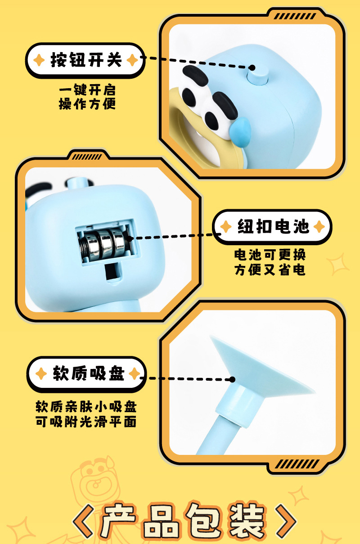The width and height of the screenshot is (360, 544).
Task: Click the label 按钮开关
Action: click(x=86, y=60)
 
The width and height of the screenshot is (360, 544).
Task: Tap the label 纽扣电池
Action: click(x=273, y=226)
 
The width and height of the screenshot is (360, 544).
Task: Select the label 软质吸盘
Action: click(x=89, y=373)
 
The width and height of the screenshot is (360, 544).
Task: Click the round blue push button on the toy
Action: click(x=257, y=76)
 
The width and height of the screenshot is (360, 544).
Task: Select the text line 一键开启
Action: click(x=87, y=90)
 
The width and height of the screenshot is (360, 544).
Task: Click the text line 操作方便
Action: click(x=87, y=104)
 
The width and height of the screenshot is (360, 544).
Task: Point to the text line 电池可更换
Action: click(x=270, y=255)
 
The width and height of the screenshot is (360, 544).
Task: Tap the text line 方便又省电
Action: click(x=270, y=270)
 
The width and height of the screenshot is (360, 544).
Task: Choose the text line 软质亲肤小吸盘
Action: click(x=86, y=407)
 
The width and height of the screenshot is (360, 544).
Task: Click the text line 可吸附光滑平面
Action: click(x=86, y=422)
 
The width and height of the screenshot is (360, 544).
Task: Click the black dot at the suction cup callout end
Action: click(x=232, y=379)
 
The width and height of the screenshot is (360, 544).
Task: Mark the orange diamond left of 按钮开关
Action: click(x=39, y=60)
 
